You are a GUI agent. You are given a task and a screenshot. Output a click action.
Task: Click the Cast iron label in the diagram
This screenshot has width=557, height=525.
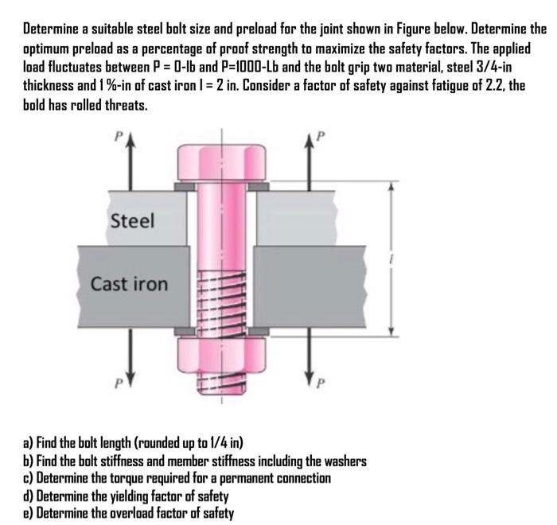[129, 283]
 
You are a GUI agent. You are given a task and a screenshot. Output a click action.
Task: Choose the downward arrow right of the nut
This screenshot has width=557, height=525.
[305, 366]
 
